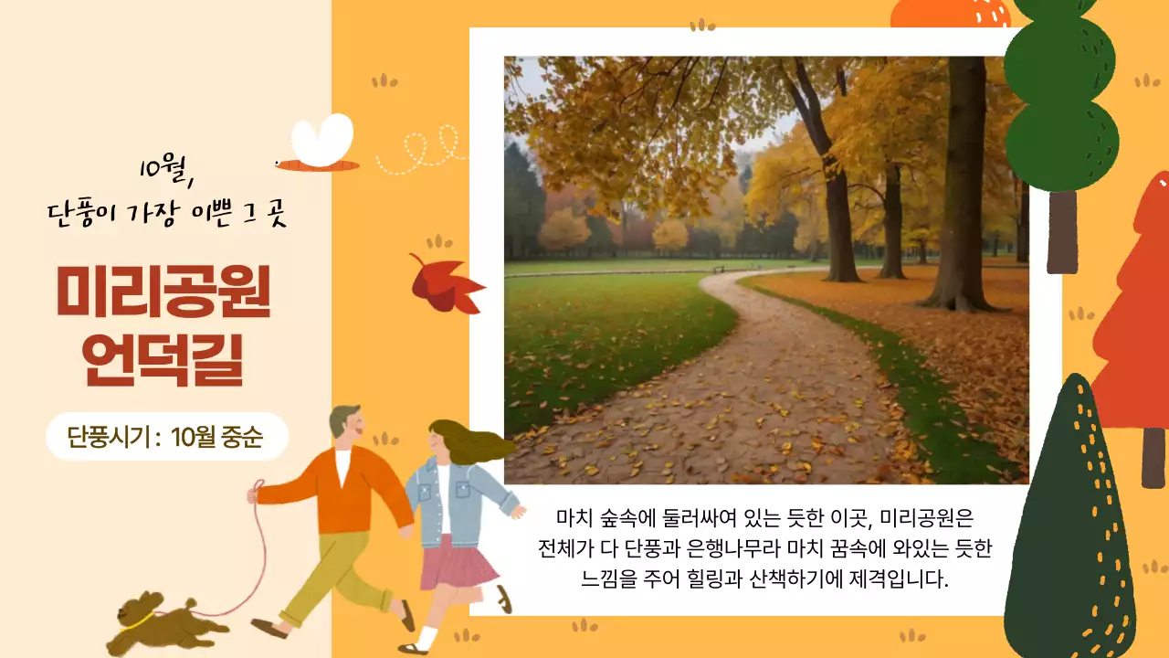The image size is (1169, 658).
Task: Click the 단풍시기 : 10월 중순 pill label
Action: (166, 437)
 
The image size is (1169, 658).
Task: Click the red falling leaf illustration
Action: (445, 285)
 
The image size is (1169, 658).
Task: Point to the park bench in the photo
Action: (718, 269)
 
